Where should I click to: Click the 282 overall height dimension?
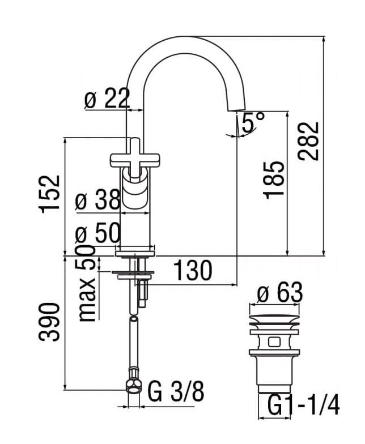pos(308,142)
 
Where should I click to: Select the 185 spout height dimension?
pos(273,180)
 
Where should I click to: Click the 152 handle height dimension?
pos(49,194)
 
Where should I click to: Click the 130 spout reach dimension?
pos(193,270)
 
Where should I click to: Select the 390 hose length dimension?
pos(49,322)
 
